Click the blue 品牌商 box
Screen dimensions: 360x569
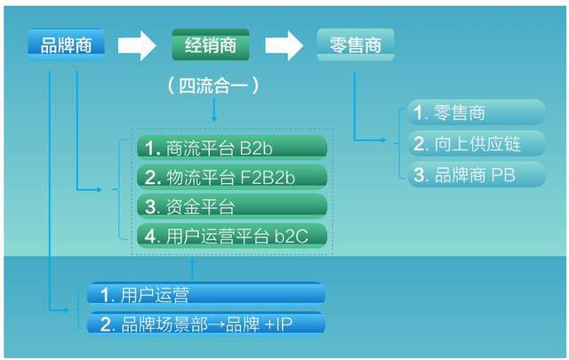coord(66,44)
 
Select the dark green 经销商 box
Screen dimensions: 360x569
coord(210,44)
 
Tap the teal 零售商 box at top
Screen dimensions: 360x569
coord(355,44)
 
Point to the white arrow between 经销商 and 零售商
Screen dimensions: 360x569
coord(283,45)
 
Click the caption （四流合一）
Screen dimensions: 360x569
coord(213,86)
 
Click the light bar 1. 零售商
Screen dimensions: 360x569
coord(477,113)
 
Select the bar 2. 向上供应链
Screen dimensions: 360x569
coord(477,143)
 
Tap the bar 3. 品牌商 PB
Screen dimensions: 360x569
coord(477,173)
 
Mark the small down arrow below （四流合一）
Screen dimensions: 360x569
coord(213,114)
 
